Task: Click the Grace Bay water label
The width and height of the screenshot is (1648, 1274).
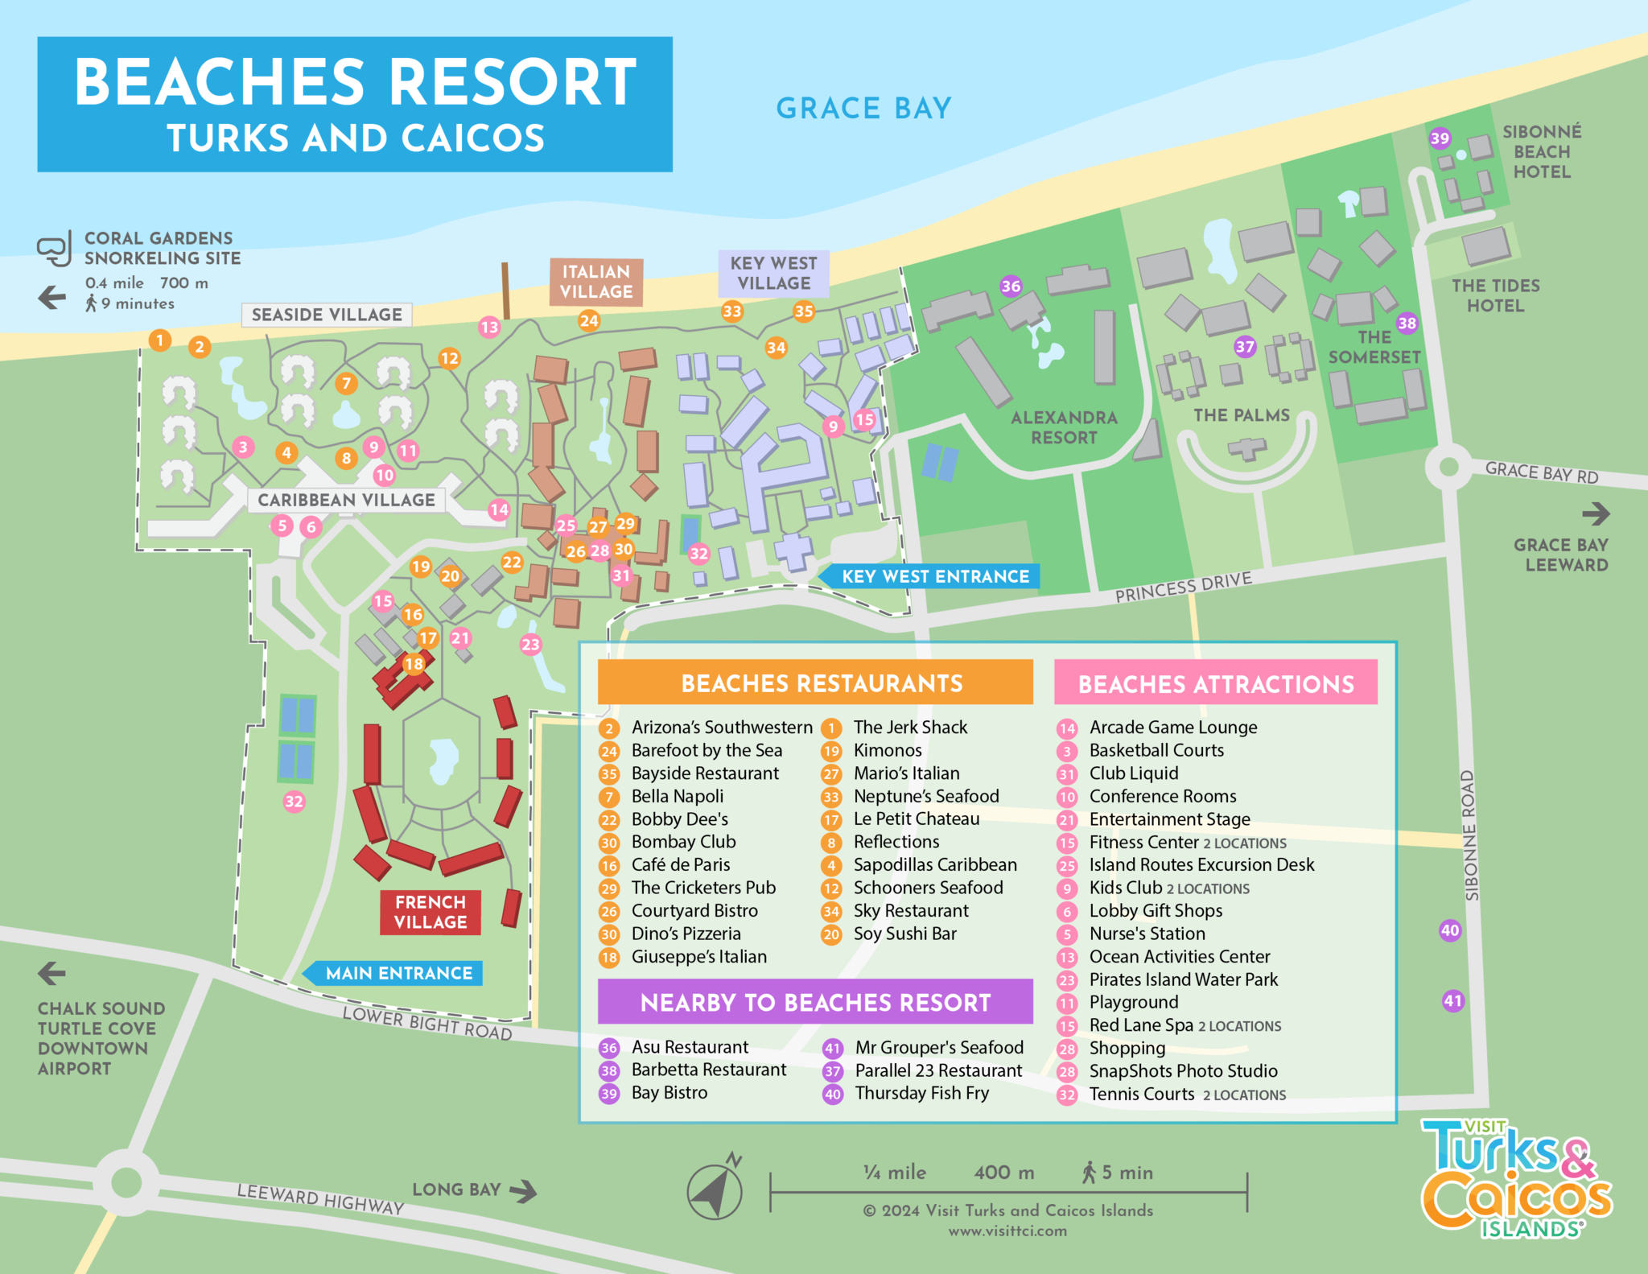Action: coord(863,108)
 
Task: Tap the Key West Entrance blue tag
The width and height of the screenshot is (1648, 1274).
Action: coord(933,576)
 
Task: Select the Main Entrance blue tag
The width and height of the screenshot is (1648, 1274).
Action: coord(397,973)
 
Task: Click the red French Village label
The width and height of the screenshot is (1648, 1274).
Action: coord(431,912)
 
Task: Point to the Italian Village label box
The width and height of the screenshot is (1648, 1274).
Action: coord(596,282)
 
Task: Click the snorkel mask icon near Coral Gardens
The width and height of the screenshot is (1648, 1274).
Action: coord(54,249)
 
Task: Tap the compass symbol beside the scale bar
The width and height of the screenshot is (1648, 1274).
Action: coord(715,1189)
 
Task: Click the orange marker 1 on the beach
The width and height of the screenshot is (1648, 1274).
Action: coord(160,340)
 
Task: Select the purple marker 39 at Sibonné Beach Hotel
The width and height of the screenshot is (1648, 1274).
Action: coord(1440,138)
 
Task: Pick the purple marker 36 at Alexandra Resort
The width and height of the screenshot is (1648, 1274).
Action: coord(1011,286)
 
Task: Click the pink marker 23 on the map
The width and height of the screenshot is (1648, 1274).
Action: coord(530,644)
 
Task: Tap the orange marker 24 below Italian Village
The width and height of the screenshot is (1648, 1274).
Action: coord(589,320)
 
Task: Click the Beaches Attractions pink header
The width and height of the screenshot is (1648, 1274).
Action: coord(1215,683)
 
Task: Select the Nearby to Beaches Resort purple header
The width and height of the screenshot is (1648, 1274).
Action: coord(815,1002)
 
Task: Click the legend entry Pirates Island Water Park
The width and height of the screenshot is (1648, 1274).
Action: coord(1183,979)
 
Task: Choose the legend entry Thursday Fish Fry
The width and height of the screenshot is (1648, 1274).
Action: coord(921,1093)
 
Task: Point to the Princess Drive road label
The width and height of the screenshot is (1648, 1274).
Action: coord(1183,587)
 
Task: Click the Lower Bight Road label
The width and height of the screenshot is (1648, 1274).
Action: coord(427,1023)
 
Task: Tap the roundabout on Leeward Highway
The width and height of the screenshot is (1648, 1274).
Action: coord(126,1182)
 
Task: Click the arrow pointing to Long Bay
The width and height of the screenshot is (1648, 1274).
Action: coord(524,1190)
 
